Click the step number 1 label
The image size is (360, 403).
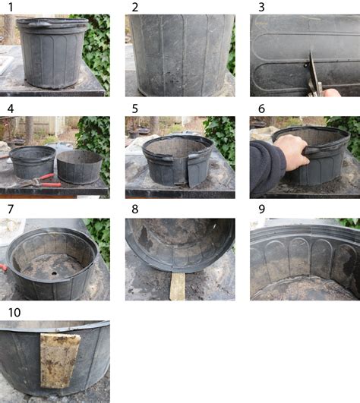[x=11, y=7]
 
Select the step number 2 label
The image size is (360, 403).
[x=135, y=7]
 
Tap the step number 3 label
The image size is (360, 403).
[x=261, y=7]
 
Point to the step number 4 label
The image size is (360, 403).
[x=11, y=109]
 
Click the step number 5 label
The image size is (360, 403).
[x=135, y=109]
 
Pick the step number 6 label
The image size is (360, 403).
[x=261, y=109]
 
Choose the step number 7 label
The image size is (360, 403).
[x=11, y=209]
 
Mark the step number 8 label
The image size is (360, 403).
[x=135, y=209]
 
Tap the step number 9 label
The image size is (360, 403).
[x=261, y=209]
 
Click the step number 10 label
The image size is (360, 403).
[x=14, y=313]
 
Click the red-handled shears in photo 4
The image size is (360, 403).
[x=41, y=181]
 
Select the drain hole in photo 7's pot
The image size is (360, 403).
[x=54, y=273]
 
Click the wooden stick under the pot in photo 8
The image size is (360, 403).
[x=178, y=286]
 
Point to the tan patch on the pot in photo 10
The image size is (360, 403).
[x=60, y=360]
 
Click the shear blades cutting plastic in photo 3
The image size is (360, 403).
[x=313, y=68]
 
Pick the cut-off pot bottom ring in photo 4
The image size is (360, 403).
[x=79, y=166]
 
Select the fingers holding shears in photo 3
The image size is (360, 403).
[x=332, y=93]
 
